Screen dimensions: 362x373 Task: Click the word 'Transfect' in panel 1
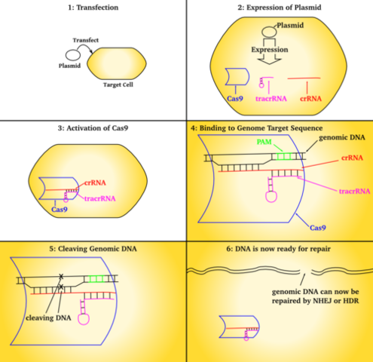pos(86,40)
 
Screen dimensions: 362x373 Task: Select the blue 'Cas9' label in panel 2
pos(237,98)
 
